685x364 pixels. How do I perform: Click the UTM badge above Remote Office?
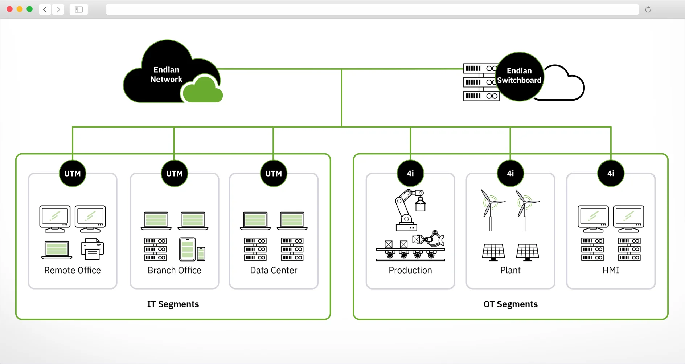[73, 174]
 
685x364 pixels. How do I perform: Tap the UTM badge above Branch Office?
[175, 174]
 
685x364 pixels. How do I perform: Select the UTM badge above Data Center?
[274, 174]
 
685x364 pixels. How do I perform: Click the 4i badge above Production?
[410, 174]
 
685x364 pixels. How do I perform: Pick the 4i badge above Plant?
[510, 174]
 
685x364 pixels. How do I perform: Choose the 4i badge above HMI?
[611, 174]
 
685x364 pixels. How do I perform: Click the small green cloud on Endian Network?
[202, 91]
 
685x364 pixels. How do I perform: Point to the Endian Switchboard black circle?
[519, 76]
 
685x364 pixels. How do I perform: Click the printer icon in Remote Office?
[92, 249]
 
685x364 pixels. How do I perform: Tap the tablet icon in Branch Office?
[187, 250]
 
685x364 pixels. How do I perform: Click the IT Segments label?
[173, 304]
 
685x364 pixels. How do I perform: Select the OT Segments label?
[510, 304]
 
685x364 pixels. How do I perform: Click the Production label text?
[410, 270]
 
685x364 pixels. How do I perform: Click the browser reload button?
[648, 9]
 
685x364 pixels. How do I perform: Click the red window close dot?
[10, 9]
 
